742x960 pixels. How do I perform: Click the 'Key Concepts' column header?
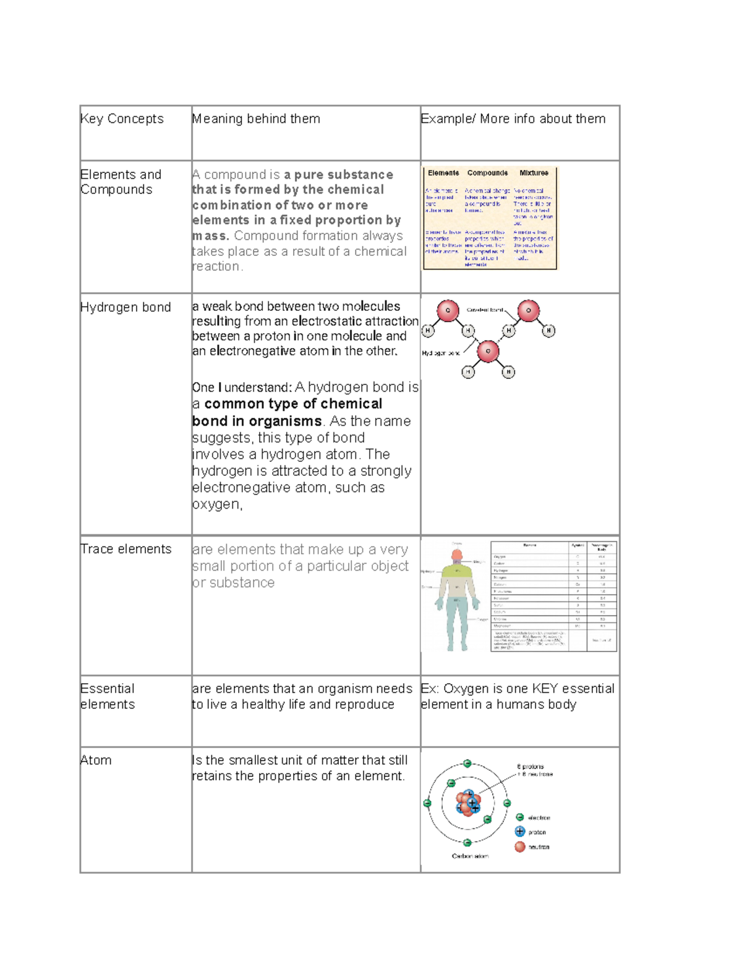[122, 119]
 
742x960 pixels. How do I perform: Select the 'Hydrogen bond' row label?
[126, 307]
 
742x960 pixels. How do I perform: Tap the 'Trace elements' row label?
[126, 549]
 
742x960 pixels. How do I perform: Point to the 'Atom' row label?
[96, 760]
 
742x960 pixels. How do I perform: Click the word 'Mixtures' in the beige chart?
[534, 173]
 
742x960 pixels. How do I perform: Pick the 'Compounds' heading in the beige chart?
[487, 173]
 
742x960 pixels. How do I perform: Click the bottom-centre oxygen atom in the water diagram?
[488, 351]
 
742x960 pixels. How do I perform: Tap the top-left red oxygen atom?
[448, 310]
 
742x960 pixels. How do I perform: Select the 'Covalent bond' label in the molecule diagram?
[485, 310]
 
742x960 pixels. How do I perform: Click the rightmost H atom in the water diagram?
[548, 331]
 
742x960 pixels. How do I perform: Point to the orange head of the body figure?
[457, 555]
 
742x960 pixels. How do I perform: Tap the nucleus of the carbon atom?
[467, 802]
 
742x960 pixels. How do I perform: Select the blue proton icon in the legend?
[520, 832]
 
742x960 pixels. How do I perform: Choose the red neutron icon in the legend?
[520, 847]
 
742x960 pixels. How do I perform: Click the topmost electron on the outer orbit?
[467, 763]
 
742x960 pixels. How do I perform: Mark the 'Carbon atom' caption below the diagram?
[470, 856]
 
